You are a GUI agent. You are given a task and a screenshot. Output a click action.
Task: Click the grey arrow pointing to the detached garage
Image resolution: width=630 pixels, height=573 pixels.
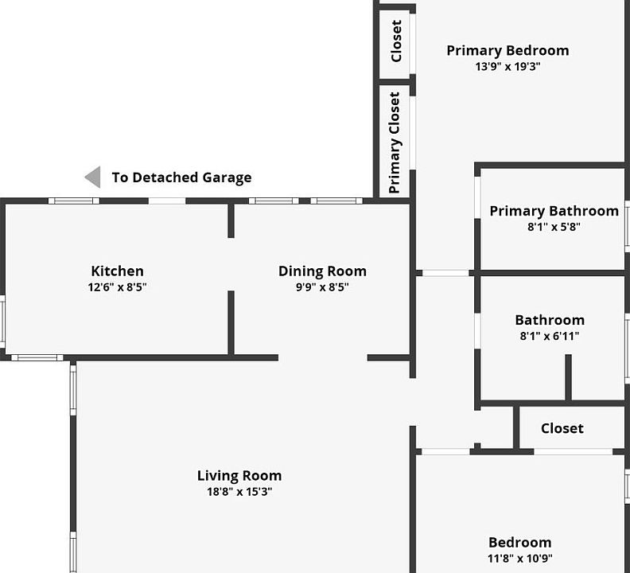[x=93, y=177]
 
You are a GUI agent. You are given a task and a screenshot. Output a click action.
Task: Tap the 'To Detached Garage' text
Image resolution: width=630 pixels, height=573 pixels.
[x=181, y=177]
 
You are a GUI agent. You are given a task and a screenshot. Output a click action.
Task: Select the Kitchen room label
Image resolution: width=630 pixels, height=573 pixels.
[x=117, y=271]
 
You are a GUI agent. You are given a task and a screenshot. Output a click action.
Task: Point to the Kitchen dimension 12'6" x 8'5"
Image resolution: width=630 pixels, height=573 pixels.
[x=117, y=287]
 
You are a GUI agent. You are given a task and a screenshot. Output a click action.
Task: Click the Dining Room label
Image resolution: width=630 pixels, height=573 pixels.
[x=322, y=271]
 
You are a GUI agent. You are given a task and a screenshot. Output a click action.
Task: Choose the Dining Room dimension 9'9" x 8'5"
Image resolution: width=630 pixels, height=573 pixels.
[x=322, y=287]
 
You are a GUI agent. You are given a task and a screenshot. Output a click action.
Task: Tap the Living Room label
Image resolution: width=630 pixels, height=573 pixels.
[x=239, y=476]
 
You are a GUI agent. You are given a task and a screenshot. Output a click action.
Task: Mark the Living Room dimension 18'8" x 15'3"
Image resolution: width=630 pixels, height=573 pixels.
[x=239, y=492]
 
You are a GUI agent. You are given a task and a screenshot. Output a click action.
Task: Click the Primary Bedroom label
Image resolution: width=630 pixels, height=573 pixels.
[x=507, y=51]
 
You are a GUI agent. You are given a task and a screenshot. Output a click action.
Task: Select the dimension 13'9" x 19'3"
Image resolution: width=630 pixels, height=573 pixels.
[x=507, y=66]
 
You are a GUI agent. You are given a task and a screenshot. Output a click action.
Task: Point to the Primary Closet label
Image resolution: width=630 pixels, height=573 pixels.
[x=395, y=142]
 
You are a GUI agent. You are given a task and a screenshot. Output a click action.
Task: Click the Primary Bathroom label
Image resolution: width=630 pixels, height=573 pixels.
[x=554, y=211]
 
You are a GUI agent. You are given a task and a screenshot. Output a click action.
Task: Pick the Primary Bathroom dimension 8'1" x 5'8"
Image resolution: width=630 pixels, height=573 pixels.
[x=554, y=227]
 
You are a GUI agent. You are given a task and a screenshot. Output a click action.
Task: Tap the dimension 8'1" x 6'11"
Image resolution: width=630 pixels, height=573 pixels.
[x=550, y=336]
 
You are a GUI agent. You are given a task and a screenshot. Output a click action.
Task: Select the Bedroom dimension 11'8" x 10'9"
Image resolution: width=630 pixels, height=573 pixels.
[x=520, y=559]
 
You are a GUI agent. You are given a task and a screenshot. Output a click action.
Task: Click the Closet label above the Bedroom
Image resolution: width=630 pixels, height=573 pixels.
[x=562, y=428]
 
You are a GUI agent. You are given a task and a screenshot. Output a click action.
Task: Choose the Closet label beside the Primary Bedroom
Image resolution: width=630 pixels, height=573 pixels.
[x=396, y=41]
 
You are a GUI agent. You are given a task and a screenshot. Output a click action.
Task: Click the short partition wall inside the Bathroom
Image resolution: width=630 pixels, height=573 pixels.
[x=568, y=377]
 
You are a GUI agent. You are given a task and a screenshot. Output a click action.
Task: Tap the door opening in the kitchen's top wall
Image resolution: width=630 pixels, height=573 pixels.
[x=167, y=201]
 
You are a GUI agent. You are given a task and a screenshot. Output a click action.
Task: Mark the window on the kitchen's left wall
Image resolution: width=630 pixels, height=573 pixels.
[x=2, y=322]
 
